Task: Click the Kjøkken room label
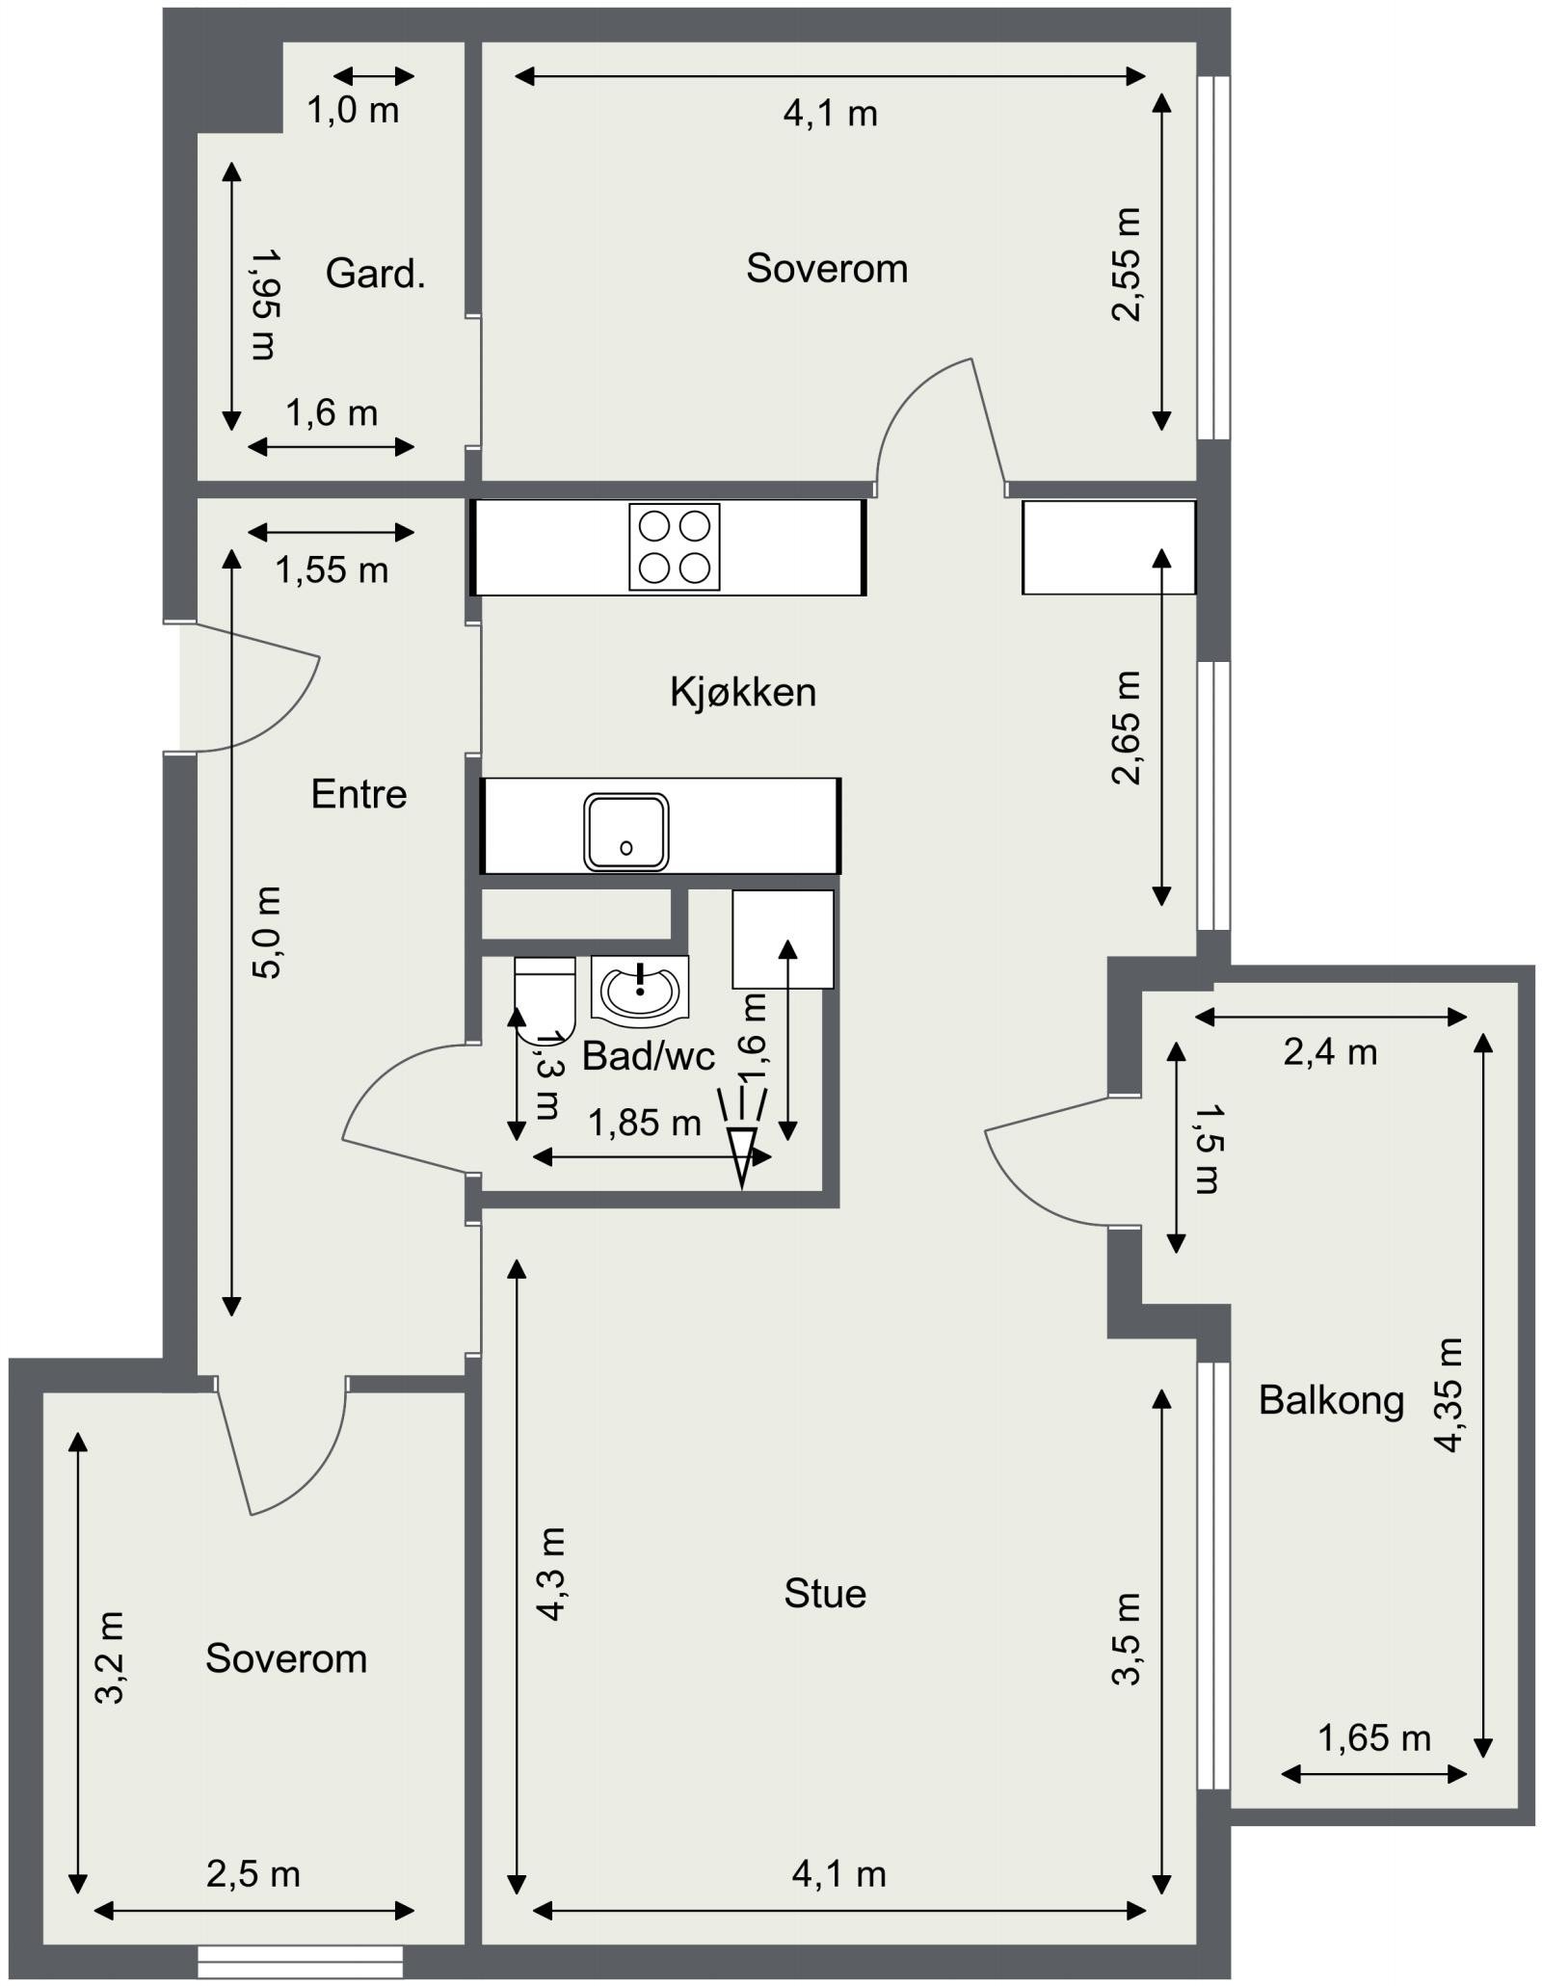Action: tap(743, 692)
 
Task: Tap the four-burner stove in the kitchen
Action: tap(675, 546)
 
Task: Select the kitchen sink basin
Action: tap(625, 832)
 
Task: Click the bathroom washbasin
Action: tap(639, 988)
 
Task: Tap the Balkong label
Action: tap(1331, 1401)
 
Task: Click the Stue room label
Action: tap(825, 1594)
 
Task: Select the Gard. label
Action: tap(375, 274)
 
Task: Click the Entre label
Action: tap(359, 794)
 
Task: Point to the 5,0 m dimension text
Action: tap(266, 933)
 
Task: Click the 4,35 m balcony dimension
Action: tap(1449, 1394)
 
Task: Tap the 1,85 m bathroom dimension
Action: tap(645, 1123)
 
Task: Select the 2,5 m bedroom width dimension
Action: tap(253, 1874)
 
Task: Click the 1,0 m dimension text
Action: tap(353, 111)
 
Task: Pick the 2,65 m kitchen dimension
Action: tap(1126, 728)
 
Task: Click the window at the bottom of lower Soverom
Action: tap(301, 1961)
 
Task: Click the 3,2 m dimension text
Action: tap(111, 1658)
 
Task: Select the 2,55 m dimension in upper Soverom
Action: tap(1126, 264)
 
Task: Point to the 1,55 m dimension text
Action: tap(332, 570)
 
